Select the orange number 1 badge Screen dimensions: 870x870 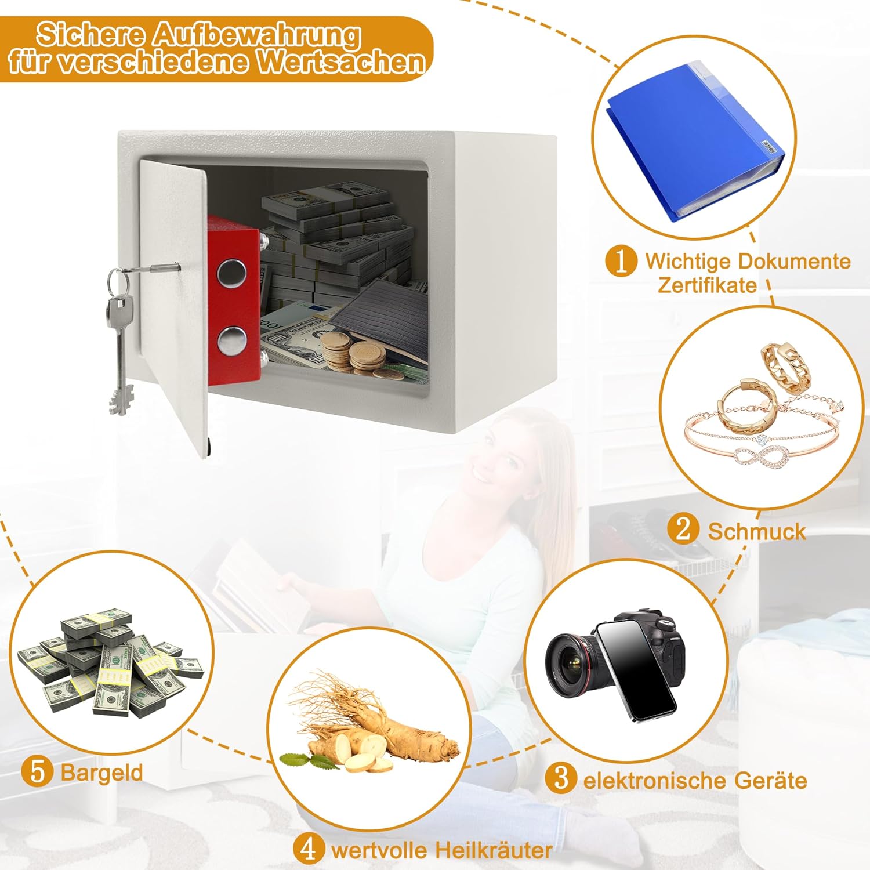click(621, 260)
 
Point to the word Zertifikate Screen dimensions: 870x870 click(707, 285)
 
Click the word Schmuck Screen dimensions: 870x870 click(757, 531)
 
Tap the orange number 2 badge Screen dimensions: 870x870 click(683, 530)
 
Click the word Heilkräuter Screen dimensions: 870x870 click(493, 850)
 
